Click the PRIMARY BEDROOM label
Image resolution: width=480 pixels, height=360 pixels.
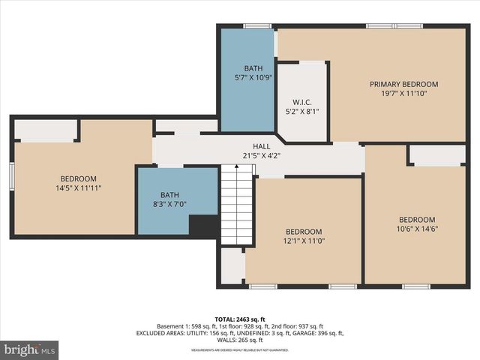403,84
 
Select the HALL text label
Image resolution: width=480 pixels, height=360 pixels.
261,146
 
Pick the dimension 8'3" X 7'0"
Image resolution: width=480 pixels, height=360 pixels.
168,203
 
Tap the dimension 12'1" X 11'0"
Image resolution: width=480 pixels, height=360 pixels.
304,241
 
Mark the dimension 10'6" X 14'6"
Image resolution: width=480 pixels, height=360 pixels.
417,229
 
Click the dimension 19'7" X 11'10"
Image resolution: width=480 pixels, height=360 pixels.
403,94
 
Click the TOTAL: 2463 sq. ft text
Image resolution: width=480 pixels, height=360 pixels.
240,318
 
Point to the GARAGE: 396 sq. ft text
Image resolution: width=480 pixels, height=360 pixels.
314,333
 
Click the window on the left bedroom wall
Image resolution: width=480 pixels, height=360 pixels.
11,177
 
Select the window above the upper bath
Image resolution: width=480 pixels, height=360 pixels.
257,26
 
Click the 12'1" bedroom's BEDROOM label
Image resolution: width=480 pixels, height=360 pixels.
304,232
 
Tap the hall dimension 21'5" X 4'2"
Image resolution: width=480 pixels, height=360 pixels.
261,156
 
